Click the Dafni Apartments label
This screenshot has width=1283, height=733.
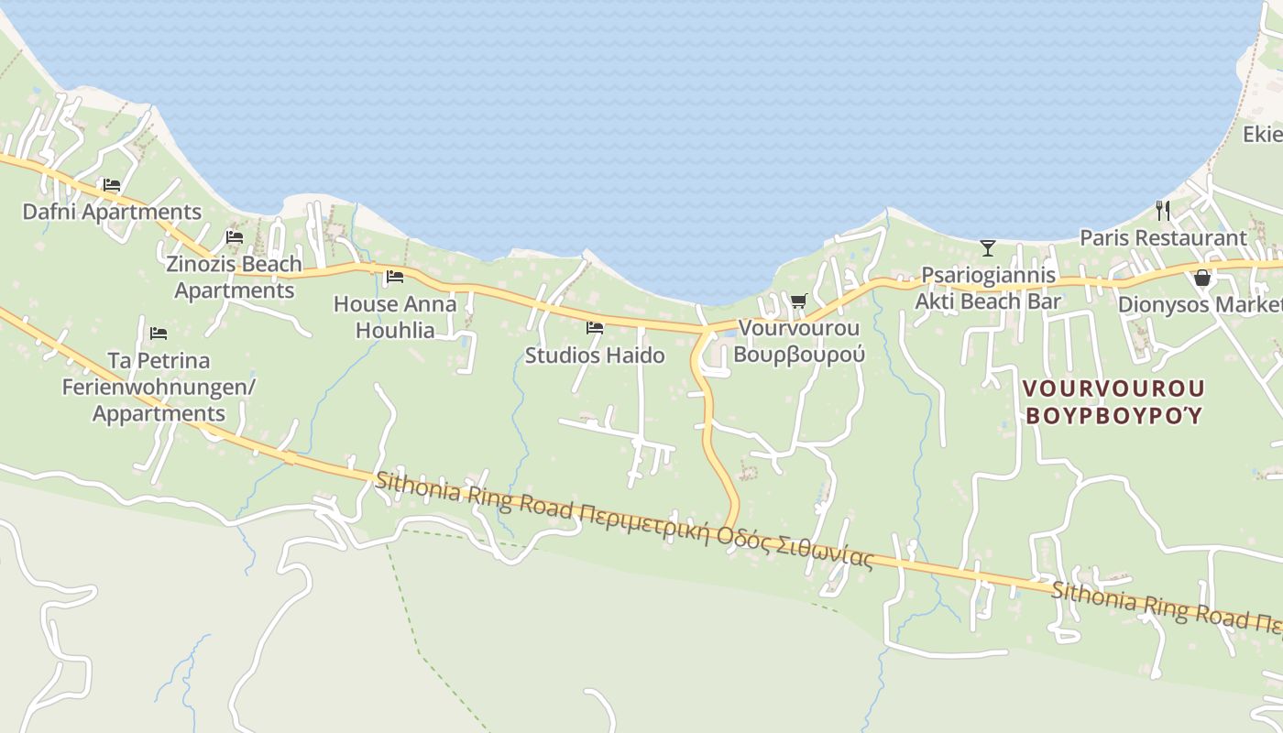point(112,212)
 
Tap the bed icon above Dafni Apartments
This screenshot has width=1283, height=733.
point(112,185)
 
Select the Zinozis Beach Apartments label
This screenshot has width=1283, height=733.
point(234,277)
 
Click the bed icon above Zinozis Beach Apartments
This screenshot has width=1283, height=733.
point(235,237)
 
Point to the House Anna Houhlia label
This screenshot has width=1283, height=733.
point(395,316)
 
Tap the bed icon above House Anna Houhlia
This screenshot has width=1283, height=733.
point(395,276)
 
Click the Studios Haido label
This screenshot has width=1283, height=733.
point(595,355)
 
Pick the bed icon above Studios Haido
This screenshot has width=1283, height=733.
point(595,327)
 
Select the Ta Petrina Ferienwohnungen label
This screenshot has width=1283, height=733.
point(159,386)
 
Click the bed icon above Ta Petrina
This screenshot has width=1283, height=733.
point(159,333)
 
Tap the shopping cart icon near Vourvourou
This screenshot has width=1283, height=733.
point(798,301)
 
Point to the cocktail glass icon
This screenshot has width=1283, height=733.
point(988,247)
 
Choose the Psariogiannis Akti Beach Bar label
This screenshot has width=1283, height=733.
point(988,288)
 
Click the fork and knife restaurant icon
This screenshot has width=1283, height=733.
point(1163,211)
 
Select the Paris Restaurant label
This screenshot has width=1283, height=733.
point(1163,238)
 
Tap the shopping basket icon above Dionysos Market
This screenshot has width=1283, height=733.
point(1202,277)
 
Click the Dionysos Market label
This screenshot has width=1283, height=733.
point(1201,304)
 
